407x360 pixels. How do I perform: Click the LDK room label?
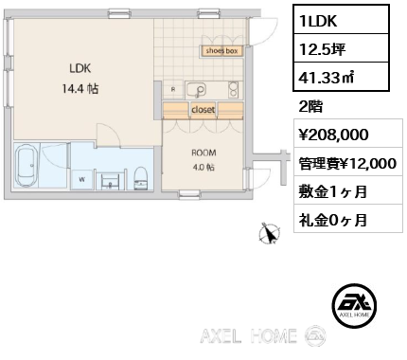[x=80, y=68]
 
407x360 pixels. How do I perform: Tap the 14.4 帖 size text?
[x=80, y=89]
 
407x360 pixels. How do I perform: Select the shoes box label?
[x=221, y=51]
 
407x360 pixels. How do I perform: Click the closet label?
[x=203, y=110]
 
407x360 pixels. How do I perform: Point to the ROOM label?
[x=203, y=153]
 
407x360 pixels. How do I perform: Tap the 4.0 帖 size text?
[x=203, y=167]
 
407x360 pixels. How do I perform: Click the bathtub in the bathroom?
[x=27, y=166]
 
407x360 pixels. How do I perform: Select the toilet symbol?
[x=141, y=178]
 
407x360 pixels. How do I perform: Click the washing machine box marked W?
[x=82, y=180]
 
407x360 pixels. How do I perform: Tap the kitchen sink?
[x=196, y=89]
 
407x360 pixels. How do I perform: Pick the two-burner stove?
[x=233, y=89]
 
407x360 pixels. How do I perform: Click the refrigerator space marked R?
[x=173, y=89]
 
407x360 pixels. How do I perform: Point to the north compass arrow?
[x=269, y=234]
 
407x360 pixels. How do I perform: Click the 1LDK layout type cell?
[x=341, y=20]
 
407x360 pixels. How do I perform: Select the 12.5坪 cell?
[x=341, y=48]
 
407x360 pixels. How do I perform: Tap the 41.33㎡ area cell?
[x=341, y=77]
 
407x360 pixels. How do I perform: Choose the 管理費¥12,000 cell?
[x=348, y=162]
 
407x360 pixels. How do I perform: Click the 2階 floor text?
[x=310, y=106]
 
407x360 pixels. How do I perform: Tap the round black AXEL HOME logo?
[x=354, y=305]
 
